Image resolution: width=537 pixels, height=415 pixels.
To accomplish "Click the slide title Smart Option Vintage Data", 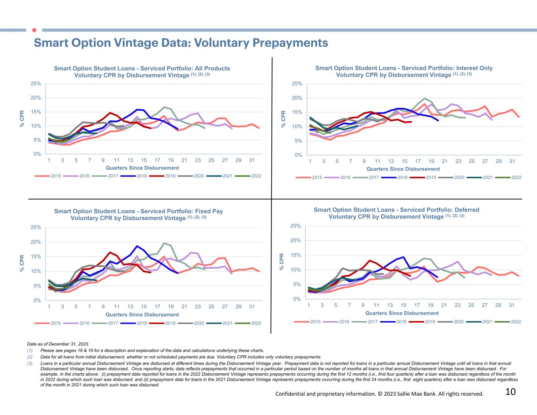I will point(181,42).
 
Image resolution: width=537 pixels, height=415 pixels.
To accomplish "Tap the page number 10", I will point(510,392).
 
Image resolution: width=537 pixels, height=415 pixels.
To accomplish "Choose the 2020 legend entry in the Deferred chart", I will point(458,322).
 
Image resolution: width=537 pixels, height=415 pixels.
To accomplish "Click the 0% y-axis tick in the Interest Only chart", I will point(299,155).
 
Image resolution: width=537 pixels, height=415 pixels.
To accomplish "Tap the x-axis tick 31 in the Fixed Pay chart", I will point(252,306).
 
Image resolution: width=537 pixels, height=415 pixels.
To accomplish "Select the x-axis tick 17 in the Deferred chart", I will point(417,305).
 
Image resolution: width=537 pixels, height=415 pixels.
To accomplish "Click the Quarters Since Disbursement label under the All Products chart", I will point(142,168).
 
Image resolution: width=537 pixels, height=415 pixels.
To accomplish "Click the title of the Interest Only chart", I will point(404,71).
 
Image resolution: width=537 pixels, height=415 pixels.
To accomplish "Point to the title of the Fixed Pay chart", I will point(138,214).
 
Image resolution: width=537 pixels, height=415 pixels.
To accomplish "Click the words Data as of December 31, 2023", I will point(58,343).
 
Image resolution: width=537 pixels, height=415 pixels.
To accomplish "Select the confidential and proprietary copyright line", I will point(379,394).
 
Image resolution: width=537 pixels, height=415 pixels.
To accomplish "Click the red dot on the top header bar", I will point(34,30).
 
